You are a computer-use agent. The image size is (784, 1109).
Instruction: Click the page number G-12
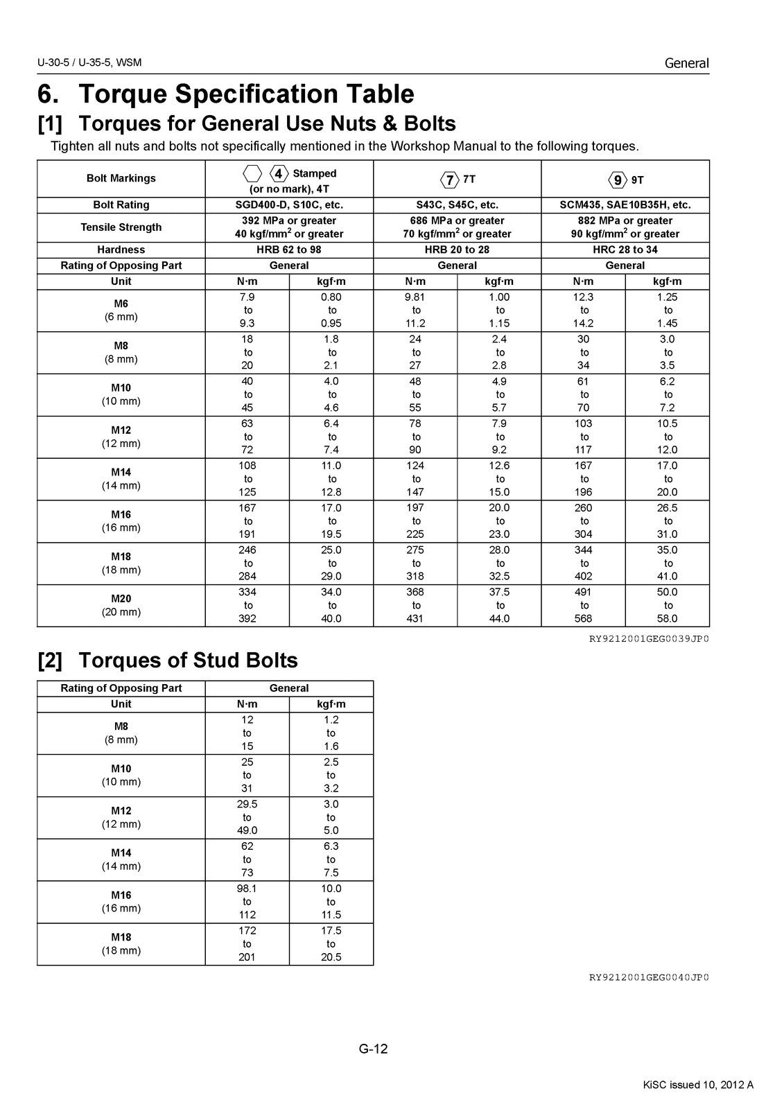tap(373, 1049)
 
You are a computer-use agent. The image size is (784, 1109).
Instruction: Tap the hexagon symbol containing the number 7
tap(450, 180)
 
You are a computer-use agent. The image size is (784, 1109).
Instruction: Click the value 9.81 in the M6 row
tap(416, 297)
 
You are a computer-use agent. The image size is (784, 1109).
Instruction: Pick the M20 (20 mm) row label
tap(121, 605)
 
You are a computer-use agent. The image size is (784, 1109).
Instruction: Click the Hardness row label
tap(121, 250)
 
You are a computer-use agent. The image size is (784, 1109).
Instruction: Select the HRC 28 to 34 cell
tap(625, 250)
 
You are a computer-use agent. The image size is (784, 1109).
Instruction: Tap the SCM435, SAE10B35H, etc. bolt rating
tap(625, 204)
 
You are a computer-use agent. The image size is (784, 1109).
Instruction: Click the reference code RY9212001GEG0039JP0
tap(649, 638)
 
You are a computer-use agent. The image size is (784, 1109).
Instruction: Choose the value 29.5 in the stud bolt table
tap(247, 804)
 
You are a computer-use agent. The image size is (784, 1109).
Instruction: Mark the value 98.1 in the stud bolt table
tap(247, 889)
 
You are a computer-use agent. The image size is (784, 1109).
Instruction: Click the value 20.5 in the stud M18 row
tap(331, 957)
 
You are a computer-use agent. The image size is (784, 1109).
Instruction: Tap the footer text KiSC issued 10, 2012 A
tap(698, 1085)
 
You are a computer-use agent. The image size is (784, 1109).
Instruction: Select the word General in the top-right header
tap(686, 63)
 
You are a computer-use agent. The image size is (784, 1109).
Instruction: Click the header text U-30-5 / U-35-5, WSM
tap(90, 63)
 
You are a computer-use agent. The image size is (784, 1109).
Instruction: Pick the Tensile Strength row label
tap(121, 227)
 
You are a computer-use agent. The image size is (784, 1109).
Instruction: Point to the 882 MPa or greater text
tap(625, 220)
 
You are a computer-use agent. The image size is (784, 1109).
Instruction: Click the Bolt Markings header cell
tap(121, 178)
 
